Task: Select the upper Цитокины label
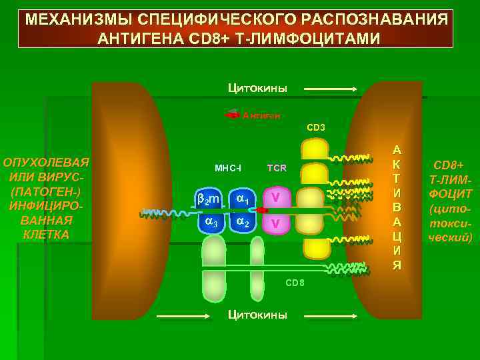click(x=257, y=87)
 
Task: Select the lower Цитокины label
click(x=257, y=314)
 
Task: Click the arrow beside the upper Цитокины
click(x=331, y=89)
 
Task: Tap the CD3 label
click(x=316, y=127)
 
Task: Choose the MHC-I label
click(x=228, y=168)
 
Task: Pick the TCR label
click(x=277, y=168)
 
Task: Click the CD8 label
click(x=295, y=283)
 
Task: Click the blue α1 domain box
click(x=243, y=198)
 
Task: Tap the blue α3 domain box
click(x=211, y=223)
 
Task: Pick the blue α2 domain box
click(x=243, y=223)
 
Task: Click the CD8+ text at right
click(x=450, y=165)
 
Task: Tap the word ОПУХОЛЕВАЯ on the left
click(x=46, y=163)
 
